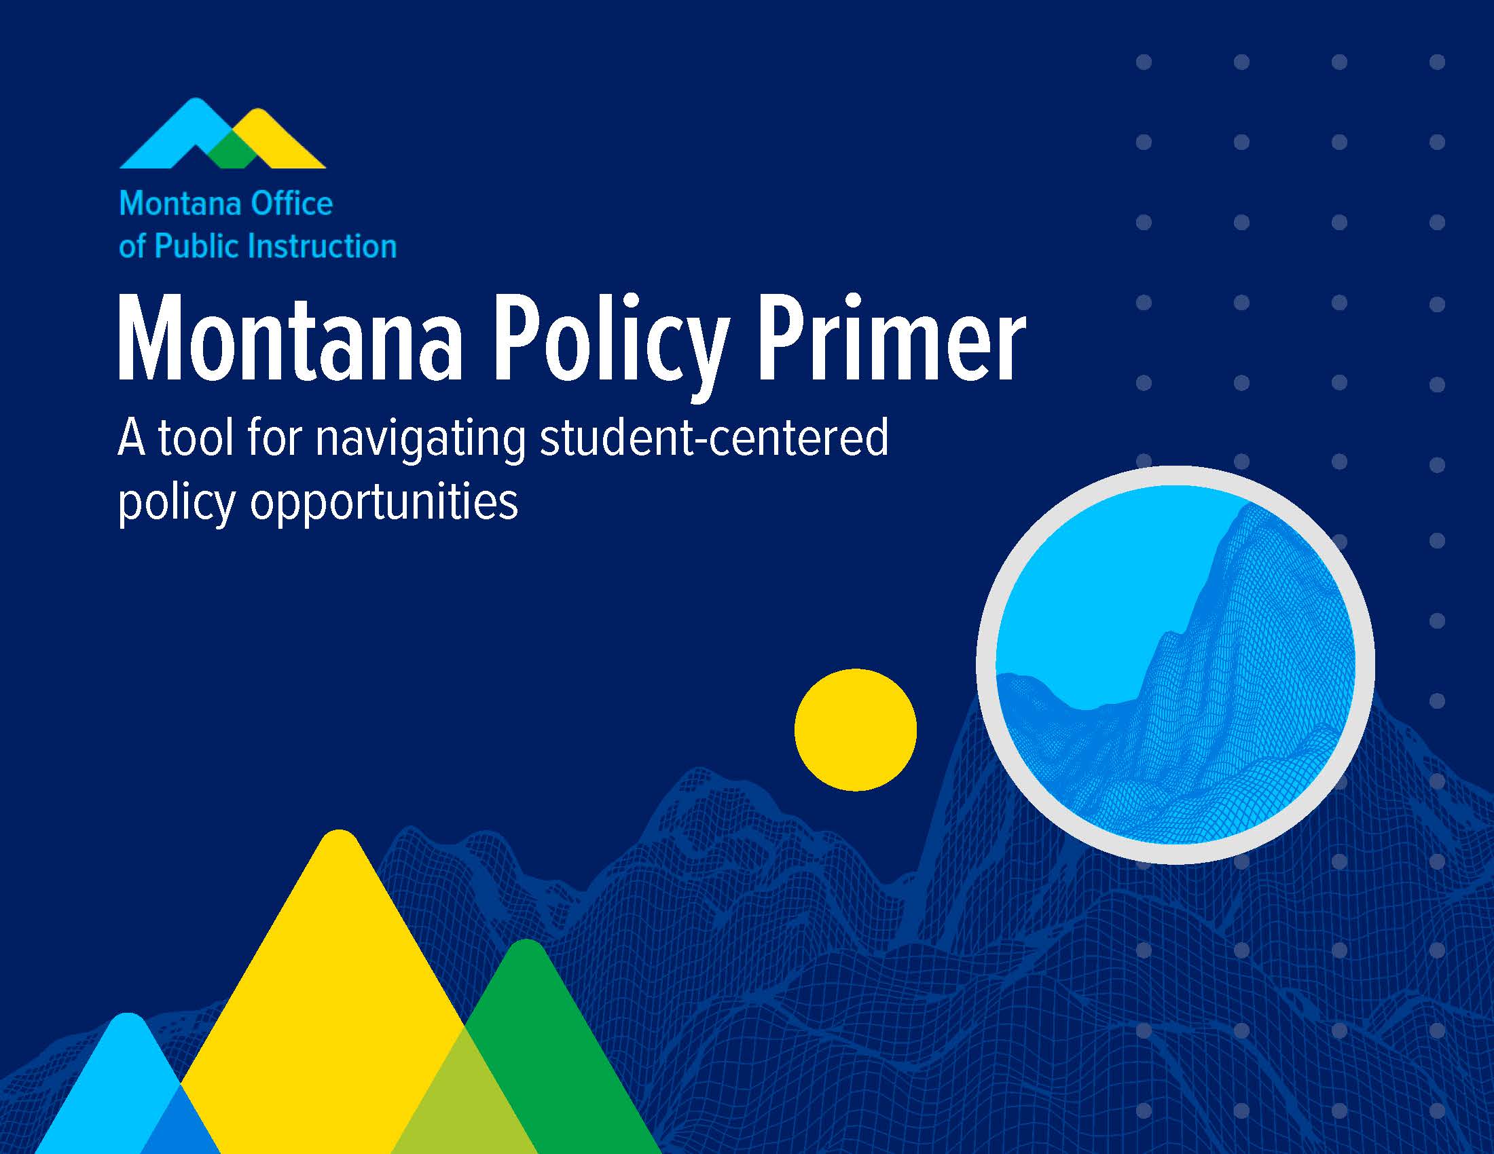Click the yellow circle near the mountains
[855, 730]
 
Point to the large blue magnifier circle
[1175, 665]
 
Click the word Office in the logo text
[292, 204]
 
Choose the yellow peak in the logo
[274, 140]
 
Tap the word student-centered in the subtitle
[714, 438]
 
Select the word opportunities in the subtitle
[384, 504]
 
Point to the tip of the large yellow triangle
[340, 833]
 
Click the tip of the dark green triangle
[526, 942]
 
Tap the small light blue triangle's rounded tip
[127, 1016]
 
